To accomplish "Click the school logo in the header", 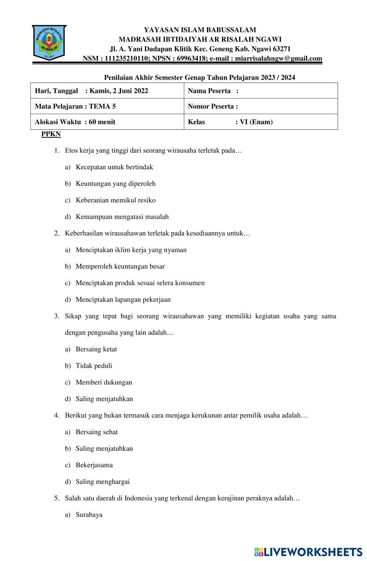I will [49, 42].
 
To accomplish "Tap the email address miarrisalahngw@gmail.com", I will [278, 58].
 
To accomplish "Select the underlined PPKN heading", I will [51, 134].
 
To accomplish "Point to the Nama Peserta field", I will [261, 91].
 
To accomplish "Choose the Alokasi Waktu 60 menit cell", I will [75, 122].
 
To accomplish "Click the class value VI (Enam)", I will [256, 122].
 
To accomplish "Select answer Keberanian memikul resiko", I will [115, 200].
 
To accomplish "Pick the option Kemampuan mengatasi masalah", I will [122, 217].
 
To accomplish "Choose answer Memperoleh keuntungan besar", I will [120, 266].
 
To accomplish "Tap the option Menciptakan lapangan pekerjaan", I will [123, 299].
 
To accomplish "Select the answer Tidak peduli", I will [94, 365].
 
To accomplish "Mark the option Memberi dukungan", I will [103, 382].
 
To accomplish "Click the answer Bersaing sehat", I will [97, 432].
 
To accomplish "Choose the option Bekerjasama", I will [94, 465].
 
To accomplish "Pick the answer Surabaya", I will [89, 514].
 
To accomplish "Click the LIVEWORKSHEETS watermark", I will [308, 552].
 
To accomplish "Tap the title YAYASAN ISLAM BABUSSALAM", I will [200, 30].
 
